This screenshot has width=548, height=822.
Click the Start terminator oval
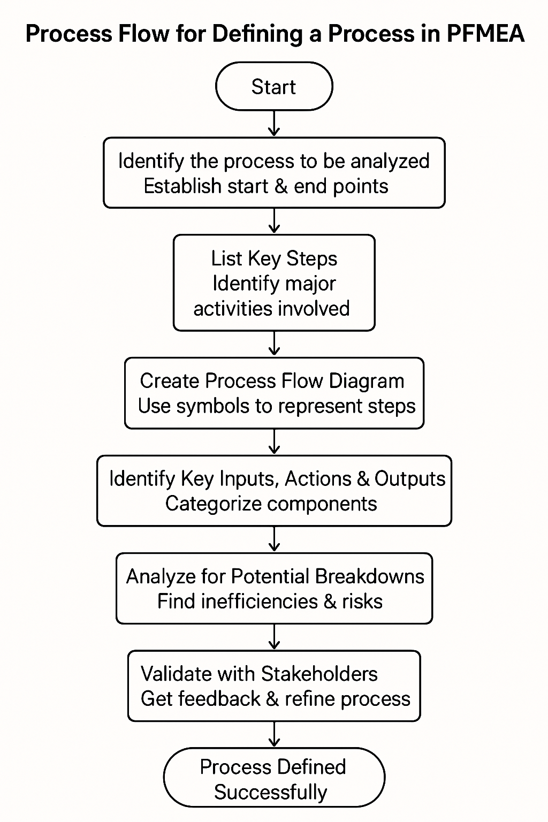(274, 86)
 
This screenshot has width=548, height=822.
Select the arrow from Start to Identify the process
(274, 124)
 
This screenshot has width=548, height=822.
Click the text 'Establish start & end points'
(266, 186)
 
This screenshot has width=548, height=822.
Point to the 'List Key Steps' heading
(274, 258)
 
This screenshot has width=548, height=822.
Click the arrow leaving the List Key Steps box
(274, 344)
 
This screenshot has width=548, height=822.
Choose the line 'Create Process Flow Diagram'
(272, 381)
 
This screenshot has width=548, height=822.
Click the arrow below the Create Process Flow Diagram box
(274, 442)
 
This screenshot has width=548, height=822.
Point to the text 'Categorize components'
(271, 504)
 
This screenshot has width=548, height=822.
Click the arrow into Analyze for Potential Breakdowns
(274, 539)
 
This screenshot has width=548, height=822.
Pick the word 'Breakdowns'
(369, 576)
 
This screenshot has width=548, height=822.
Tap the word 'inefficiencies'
(260, 602)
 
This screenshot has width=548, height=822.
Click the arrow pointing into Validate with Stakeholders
(274, 637)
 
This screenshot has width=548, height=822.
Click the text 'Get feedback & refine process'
(275, 699)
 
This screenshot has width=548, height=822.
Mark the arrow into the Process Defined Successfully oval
(274, 734)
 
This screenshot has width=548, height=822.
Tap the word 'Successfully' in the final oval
(270, 792)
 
